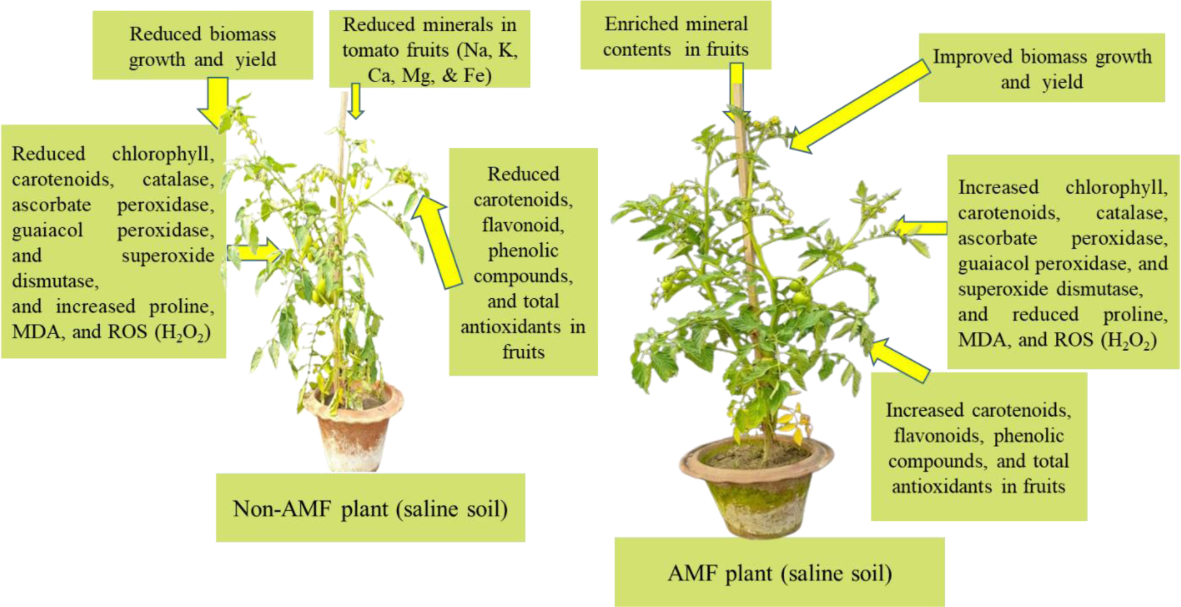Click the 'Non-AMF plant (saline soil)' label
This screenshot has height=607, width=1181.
point(370,508)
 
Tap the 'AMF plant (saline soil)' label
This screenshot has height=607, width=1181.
point(779,572)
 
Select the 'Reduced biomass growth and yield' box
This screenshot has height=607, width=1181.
point(202,45)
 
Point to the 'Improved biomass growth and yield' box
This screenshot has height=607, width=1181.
point(1042,68)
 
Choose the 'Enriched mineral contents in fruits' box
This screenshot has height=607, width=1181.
point(675,35)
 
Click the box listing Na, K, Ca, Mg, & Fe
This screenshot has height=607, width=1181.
point(430,49)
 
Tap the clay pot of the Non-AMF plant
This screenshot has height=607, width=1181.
point(353,430)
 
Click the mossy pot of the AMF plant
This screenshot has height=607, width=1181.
point(755,489)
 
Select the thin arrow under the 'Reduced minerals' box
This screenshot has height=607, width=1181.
point(355,101)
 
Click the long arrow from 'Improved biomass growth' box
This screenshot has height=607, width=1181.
point(859,106)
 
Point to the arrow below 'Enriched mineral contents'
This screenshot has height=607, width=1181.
point(736,93)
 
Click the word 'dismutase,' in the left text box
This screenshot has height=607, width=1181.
point(55,281)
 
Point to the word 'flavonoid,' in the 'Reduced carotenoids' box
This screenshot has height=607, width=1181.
point(523,224)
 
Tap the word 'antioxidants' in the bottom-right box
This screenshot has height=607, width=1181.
point(941,486)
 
